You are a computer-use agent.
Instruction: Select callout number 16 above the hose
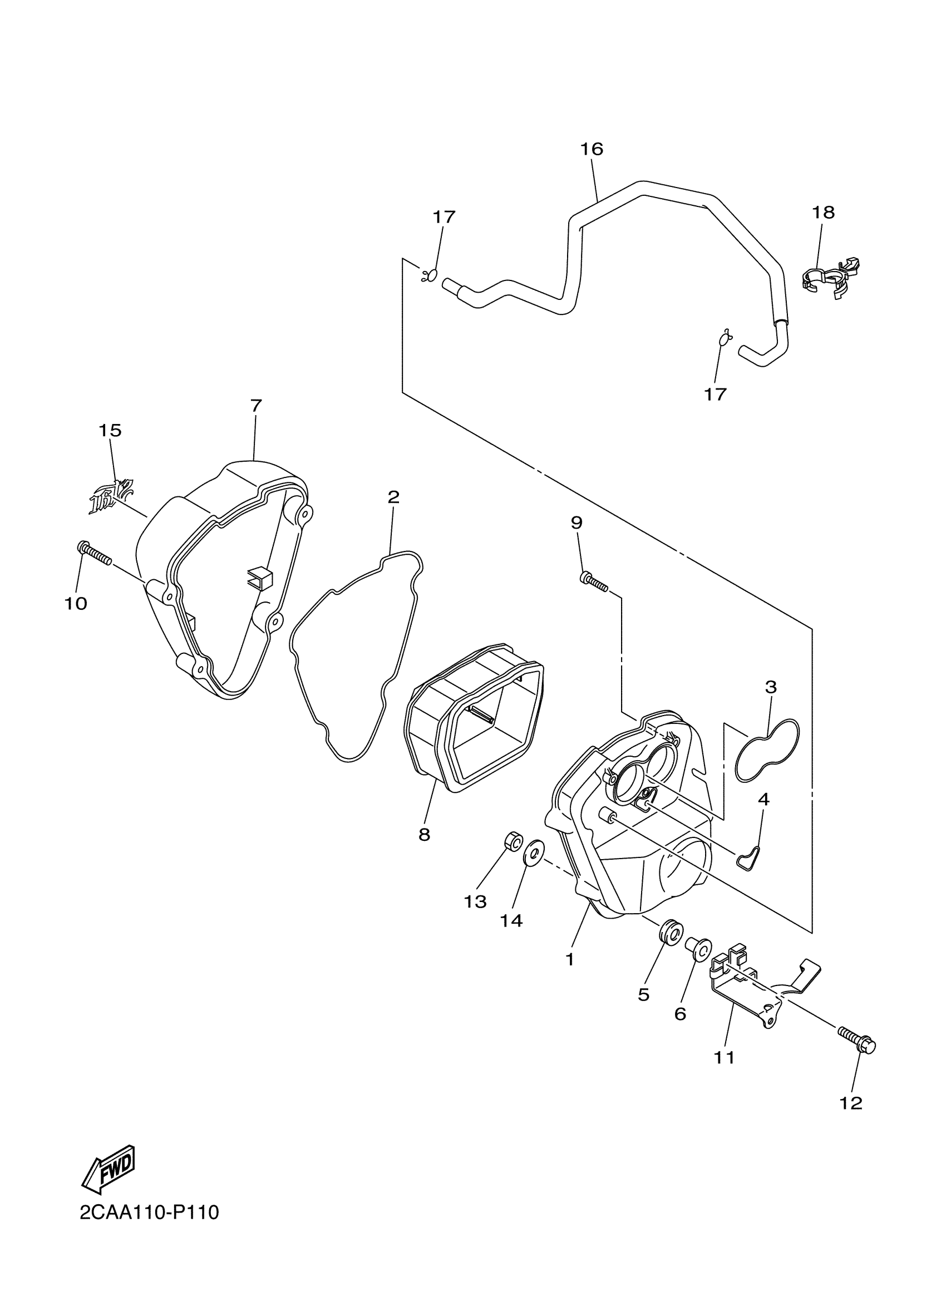(x=592, y=149)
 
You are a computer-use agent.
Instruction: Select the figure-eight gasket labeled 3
(x=767, y=750)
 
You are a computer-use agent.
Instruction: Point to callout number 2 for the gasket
(x=393, y=497)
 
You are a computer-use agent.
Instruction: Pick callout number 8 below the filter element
(x=425, y=834)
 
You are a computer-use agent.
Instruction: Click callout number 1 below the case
(x=569, y=959)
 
